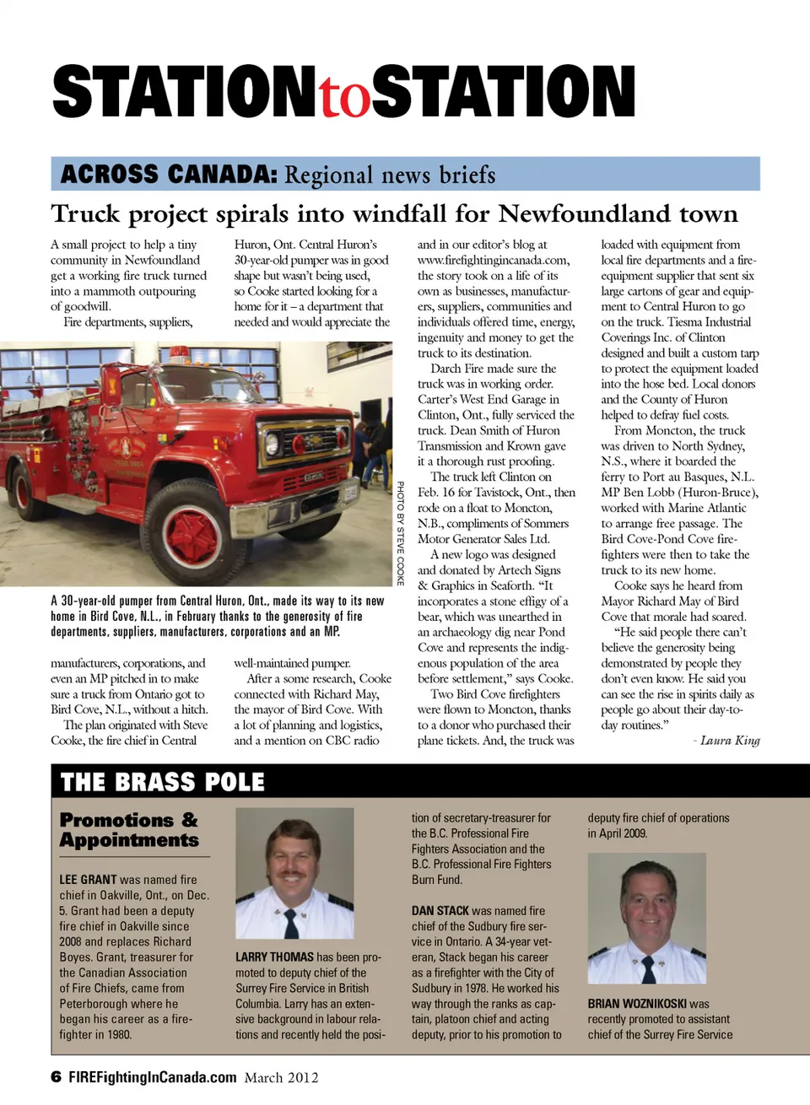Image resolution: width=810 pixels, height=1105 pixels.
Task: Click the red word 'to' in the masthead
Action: (344, 97)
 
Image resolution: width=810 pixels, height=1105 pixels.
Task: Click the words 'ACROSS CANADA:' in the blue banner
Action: (169, 175)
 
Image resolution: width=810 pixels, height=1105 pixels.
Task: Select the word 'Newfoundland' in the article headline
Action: (618, 213)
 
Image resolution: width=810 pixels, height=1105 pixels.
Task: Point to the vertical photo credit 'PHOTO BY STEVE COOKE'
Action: (401, 533)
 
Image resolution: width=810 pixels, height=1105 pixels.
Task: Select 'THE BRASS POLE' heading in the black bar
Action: (163, 783)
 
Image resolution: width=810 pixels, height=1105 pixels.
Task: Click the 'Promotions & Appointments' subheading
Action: (129, 830)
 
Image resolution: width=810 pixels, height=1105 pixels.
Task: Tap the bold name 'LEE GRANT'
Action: (88, 880)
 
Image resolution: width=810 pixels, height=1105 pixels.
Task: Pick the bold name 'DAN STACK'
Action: (440, 911)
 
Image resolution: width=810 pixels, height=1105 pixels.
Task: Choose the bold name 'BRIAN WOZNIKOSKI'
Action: (637, 1004)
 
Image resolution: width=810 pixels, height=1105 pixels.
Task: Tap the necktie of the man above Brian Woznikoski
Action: (649, 968)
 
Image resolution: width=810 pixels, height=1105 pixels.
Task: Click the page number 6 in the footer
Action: (56, 1077)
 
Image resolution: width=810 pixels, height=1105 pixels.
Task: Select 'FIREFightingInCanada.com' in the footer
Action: (152, 1077)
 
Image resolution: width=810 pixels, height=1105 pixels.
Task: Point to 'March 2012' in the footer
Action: (282, 1077)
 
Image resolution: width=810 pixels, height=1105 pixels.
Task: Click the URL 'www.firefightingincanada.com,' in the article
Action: (494, 260)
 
